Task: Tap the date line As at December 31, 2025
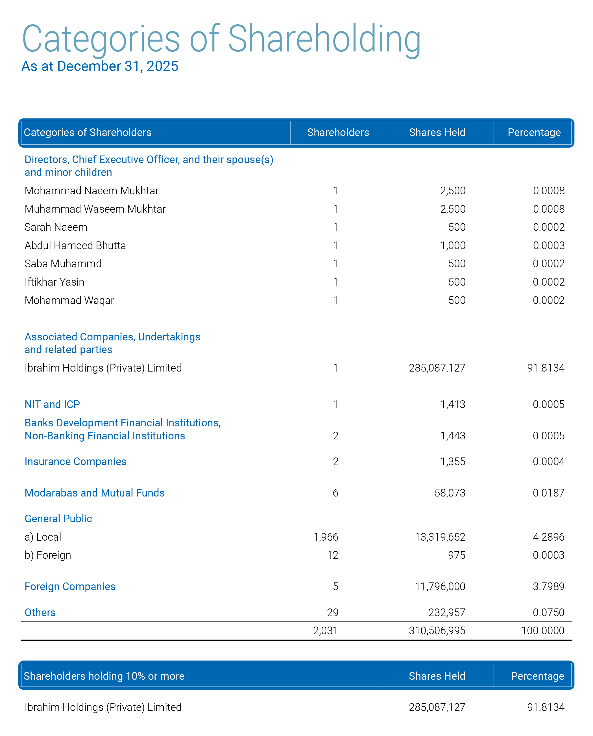(x=100, y=66)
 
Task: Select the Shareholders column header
(x=338, y=132)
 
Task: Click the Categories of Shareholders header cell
(x=88, y=132)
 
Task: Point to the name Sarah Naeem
(x=56, y=227)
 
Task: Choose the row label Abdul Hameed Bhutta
(x=75, y=245)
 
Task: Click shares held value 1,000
(x=453, y=245)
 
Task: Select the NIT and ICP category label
(x=52, y=404)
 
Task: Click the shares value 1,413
(x=453, y=404)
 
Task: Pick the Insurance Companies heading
(x=75, y=461)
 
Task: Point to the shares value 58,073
(x=450, y=493)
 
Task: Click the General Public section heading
(x=58, y=519)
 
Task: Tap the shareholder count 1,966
(x=326, y=537)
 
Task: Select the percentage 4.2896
(x=549, y=537)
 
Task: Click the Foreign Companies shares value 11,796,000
(x=440, y=586)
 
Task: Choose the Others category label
(x=40, y=612)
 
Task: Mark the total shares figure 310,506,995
(x=437, y=631)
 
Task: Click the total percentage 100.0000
(x=543, y=631)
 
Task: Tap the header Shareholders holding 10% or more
(x=104, y=676)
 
